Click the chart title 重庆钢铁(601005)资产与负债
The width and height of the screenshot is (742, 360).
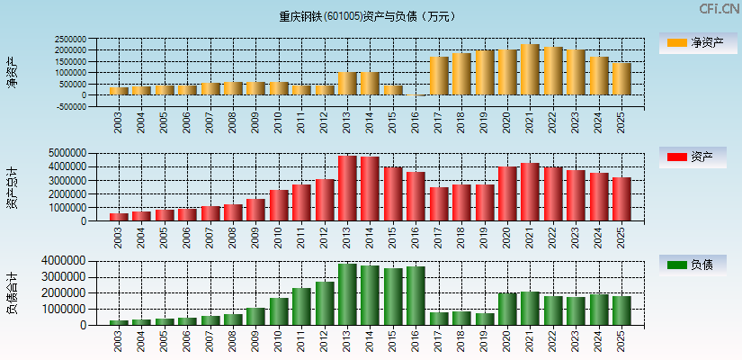click(367, 16)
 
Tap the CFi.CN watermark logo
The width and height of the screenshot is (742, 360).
click(719, 9)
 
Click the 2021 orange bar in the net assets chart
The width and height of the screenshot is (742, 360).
click(530, 70)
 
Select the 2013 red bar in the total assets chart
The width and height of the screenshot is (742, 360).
click(347, 188)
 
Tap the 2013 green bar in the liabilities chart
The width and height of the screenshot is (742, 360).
click(347, 294)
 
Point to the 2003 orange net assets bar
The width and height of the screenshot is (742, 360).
click(118, 91)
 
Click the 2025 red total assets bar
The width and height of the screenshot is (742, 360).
click(621, 199)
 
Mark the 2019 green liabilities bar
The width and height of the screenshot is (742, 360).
click(485, 319)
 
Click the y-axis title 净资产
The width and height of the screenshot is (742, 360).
click(12, 72)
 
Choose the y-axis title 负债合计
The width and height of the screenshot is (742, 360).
click(12, 292)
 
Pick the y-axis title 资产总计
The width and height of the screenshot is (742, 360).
click(12, 188)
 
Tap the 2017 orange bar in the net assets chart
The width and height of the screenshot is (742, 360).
click(438, 76)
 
